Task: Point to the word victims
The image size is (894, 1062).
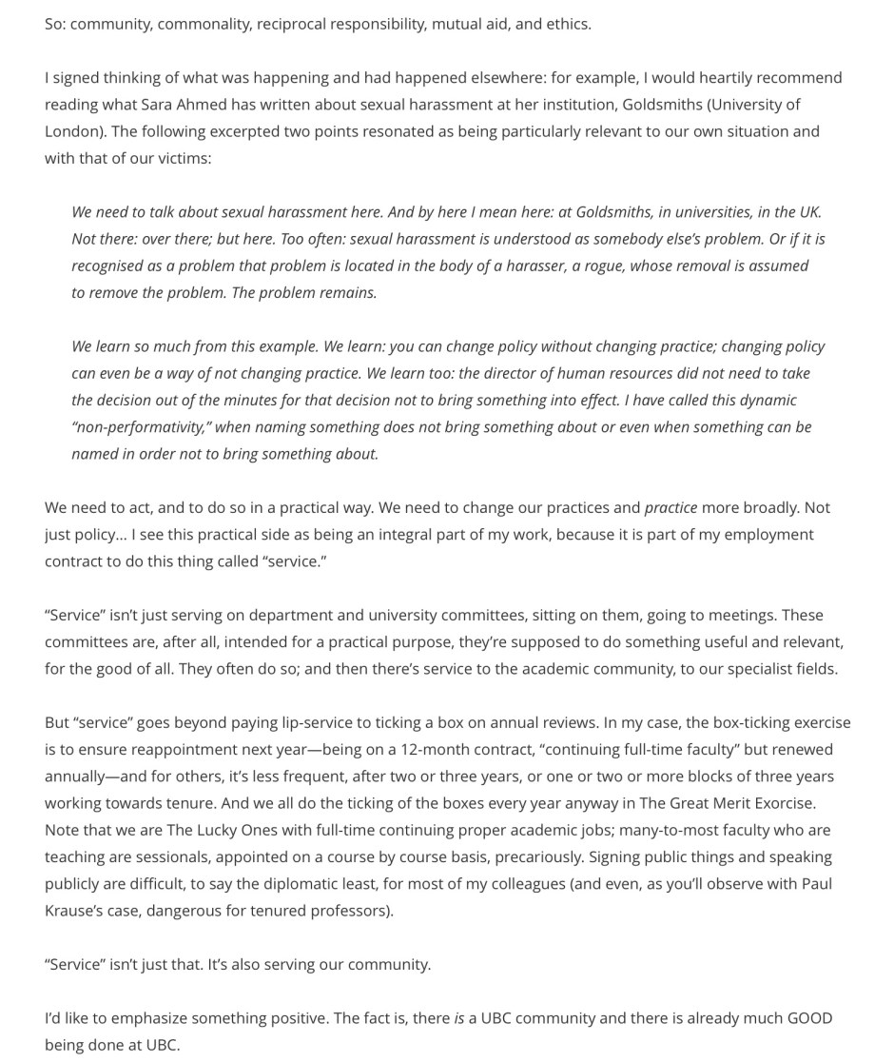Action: tap(183, 157)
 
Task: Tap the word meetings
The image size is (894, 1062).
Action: tap(748, 615)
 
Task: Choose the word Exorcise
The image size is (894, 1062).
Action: tap(779, 803)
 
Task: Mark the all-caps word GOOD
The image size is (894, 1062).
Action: tap(809, 1017)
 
